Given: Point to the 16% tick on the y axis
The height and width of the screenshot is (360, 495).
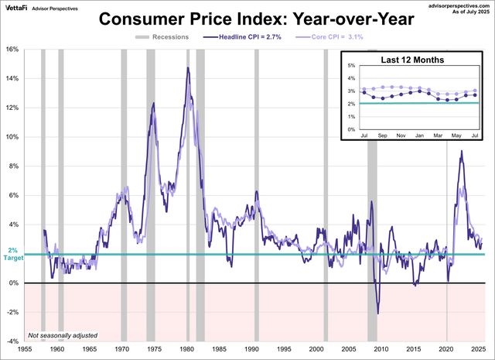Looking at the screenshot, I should point(12,49).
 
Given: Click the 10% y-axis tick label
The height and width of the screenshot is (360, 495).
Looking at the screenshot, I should point(12,137).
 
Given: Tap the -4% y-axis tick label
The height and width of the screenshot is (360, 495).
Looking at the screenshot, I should point(12,341).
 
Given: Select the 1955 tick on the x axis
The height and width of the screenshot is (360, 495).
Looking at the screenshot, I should point(25,350).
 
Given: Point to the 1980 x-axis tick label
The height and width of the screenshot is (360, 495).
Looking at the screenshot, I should point(186,350).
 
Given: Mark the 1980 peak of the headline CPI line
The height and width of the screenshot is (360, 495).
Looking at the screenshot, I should point(187,68).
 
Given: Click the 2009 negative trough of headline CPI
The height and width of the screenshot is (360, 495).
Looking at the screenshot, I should point(377,313).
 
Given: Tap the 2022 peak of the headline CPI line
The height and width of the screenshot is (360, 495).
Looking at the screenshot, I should point(461,151).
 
